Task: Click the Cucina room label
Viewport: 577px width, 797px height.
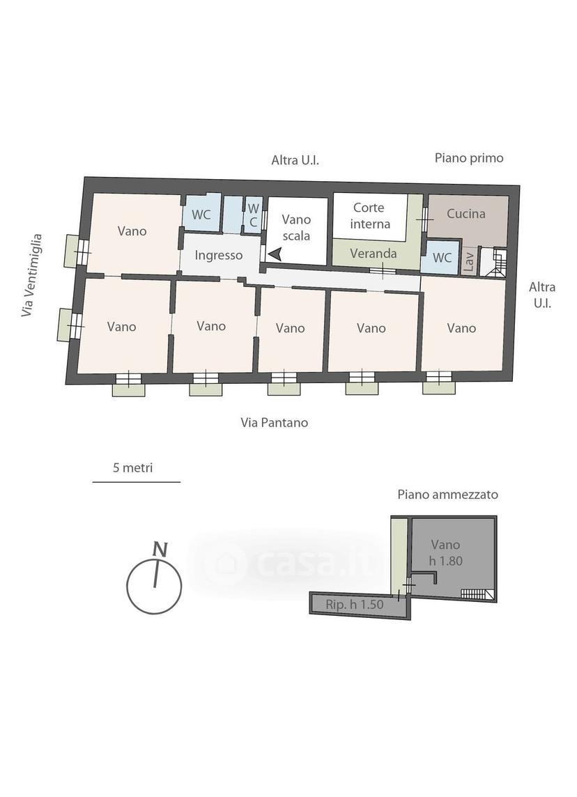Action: coord(466,214)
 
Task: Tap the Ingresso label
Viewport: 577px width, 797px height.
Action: coord(219,256)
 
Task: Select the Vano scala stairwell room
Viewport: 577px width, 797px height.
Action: coord(297,231)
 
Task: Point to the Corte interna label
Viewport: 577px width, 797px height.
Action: coord(370,216)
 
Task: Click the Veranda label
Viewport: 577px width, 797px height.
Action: coord(373,253)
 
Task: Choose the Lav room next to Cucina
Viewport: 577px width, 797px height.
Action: coord(470,261)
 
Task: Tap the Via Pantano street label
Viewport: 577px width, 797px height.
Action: coord(275,422)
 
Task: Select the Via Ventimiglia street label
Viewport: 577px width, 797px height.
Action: coord(31,275)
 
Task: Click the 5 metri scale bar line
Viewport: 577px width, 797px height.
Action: coord(137,481)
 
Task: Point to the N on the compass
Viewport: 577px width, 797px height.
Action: coord(161,550)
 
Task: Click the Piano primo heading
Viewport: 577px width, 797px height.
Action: coord(469,158)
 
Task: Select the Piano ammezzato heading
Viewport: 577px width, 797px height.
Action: coord(448,495)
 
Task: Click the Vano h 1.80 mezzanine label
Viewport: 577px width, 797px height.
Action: coord(445,552)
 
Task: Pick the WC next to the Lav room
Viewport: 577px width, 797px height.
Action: coord(442,258)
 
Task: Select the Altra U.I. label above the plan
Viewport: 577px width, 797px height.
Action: coord(295,161)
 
